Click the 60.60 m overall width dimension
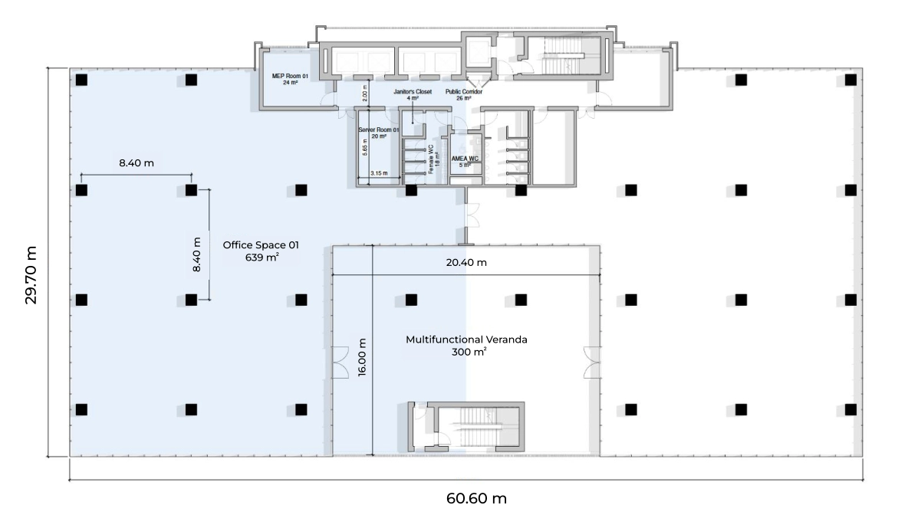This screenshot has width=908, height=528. [x=476, y=499]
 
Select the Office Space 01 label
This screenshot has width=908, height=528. [x=260, y=245]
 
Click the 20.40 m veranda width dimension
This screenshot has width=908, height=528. [x=466, y=263]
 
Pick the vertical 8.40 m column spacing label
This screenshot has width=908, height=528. [x=197, y=255]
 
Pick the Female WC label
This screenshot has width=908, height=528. [x=431, y=159]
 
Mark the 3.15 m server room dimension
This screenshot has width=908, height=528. [x=379, y=174]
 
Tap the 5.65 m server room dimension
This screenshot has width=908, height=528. [x=364, y=146]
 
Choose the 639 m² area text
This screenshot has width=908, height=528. [x=262, y=257]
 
